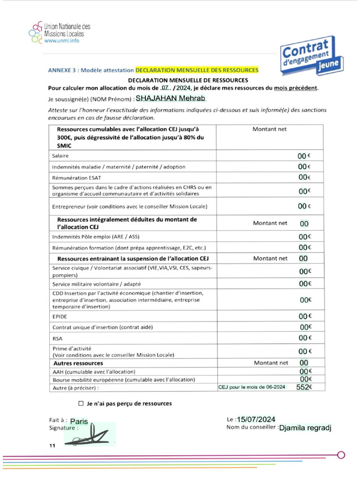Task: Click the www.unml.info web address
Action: click(x=61, y=41)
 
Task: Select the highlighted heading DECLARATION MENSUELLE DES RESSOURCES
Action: click(x=197, y=70)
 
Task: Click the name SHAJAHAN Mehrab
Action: click(x=171, y=99)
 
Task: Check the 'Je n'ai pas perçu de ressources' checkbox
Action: click(x=81, y=403)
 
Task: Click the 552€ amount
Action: click(x=304, y=387)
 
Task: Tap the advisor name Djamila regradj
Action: click(x=305, y=427)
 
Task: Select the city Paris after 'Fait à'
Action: click(x=79, y=421)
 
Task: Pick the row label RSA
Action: click(x=57, y=338)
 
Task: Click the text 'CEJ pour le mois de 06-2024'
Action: click(x=252, y=387)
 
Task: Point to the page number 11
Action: click(x=52, y=446)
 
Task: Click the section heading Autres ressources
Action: click(x=78, y=363)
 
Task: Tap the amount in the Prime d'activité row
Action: click(x=305, y=351)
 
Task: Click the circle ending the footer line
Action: click(x=341, y=454)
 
